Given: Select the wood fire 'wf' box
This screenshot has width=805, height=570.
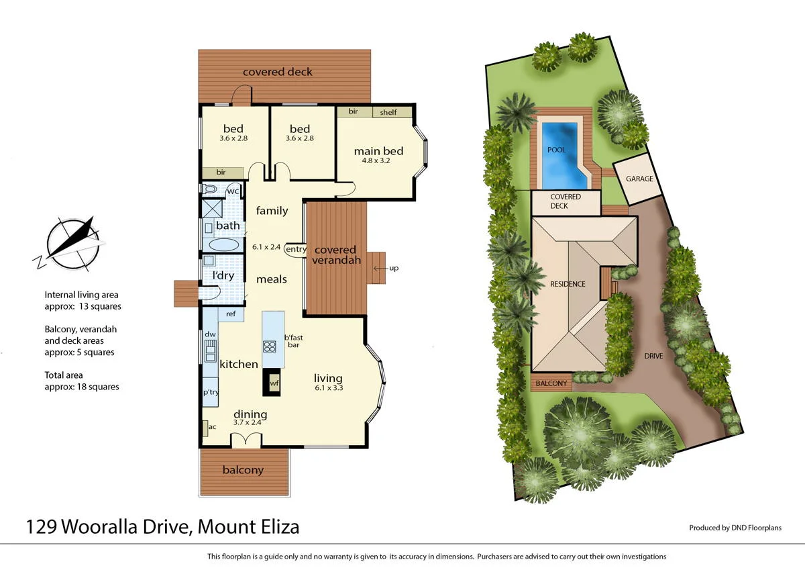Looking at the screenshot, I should [x=274, y=383].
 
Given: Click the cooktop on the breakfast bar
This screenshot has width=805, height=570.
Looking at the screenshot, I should [x=270, y=346].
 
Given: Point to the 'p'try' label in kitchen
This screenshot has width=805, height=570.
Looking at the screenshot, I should [x=211, y=392].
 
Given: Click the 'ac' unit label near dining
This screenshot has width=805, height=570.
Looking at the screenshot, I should [x=212, y=426].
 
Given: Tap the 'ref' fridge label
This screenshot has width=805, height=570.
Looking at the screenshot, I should [x=230, y=314].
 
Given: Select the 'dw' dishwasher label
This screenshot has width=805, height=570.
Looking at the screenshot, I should [x=210, y=334].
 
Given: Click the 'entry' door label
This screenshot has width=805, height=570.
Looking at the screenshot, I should [x=296, y=249].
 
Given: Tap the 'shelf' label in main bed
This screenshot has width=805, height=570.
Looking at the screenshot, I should [x=388, y=112].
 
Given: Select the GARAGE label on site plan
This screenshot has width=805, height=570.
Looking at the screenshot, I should [x=639, y=179].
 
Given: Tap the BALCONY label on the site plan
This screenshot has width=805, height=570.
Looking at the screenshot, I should [x=551, y=383].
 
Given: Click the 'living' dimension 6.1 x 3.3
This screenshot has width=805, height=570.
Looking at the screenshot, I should [x=328, y=388].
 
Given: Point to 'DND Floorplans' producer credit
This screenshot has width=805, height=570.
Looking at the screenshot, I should [x=756, y=528].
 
